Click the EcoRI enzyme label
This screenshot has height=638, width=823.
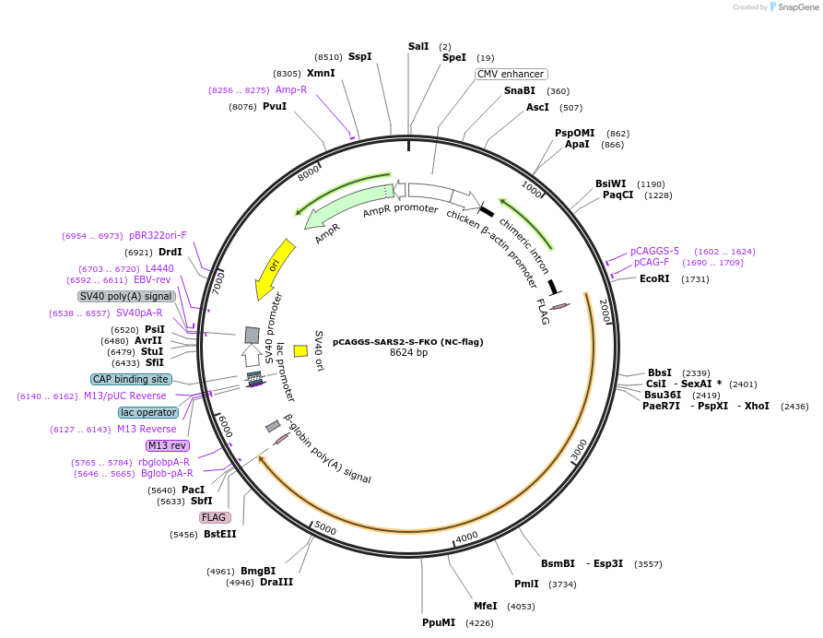(x=654, y=278)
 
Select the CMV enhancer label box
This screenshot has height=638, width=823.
(x=511, y=74)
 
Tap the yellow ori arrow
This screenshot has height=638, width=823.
(x=275, y=268)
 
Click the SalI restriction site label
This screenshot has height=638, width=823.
(x=418, y=46)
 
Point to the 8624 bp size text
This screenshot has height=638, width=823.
(x=408, y=352)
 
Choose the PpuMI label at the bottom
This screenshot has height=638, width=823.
(x=439, y=622)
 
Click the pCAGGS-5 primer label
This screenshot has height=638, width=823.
(x=654, y=251)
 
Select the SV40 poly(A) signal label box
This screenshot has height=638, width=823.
(x=126, y=296)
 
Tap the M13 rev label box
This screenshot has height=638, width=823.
(x=167, y=445)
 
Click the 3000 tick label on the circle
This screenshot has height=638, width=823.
(x=579, y=451)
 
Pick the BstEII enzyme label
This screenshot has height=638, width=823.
(x=220, y=534)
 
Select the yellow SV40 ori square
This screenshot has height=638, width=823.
(x=300, y=350)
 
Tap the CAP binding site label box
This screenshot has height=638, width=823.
(x=131, y=379)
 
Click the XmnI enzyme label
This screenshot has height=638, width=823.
(x=321, y=73)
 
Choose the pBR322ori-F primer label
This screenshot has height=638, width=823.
(x=158, y=235)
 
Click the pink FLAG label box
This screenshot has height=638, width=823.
(x=215, y=517)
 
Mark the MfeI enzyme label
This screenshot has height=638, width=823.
(x=485, y=606)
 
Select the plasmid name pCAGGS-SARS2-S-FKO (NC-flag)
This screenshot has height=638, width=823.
(x=408, y=341)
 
